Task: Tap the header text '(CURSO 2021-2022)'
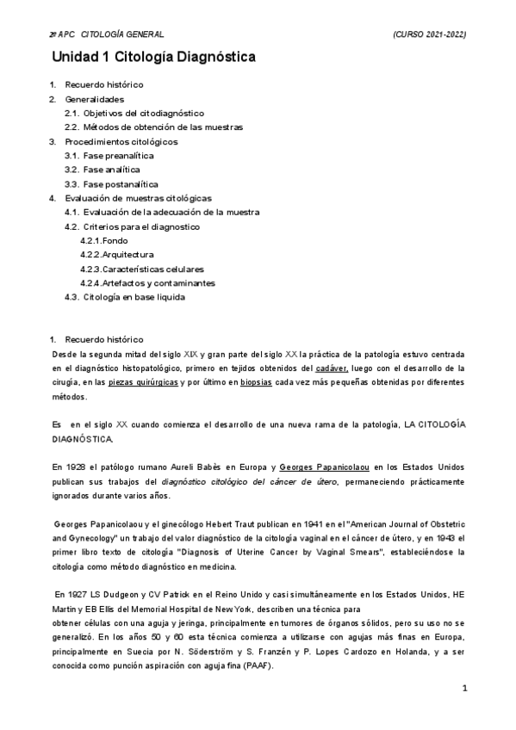(x=429, y=34)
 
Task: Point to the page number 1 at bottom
(x=464, y=689)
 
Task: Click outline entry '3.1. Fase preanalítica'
(x=109, y=156)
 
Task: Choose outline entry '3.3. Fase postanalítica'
(x=111, y=184)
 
